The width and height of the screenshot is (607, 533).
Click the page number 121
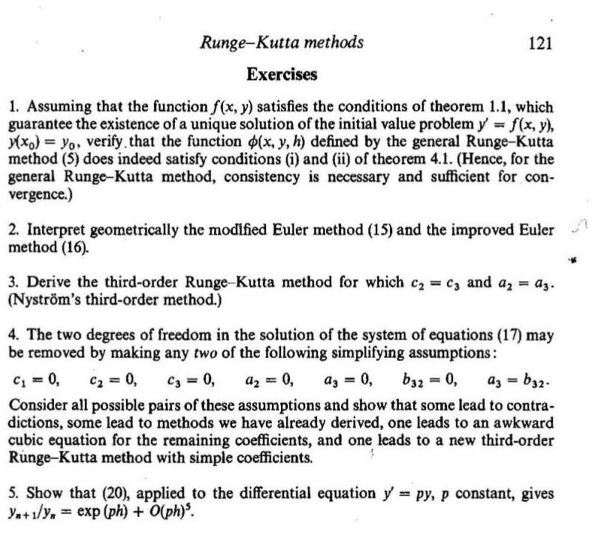click(540, 43)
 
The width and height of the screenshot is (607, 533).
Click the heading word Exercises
click(282, 75)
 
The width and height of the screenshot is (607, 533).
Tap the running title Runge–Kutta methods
click(282, 42)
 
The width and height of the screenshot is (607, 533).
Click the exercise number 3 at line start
click(13, 283)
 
